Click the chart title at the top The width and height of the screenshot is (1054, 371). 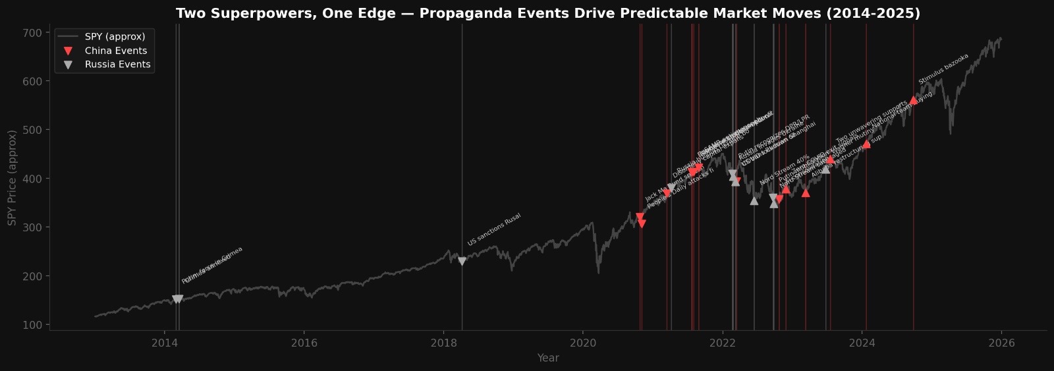pyautogui.click(x=547, y=14)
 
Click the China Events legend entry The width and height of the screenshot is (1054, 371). pyautogui.click(x=116, y=51)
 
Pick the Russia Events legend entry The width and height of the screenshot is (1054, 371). pyautogui.click(x=117, y=65)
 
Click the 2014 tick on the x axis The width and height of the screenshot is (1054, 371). pyautogui.click(x=164, y=343)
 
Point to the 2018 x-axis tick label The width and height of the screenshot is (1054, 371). pyautogui.click(x=443, y=343)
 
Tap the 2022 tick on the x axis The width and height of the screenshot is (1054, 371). pyautogui.click(x=723, y=343)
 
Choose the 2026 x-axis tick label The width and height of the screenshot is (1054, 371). pyautogui.click(x=1001, y=343)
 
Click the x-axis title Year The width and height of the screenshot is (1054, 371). pyautogui.click(x=547, y=358)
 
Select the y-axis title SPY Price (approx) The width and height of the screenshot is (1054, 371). pyautogui.click(x=13, y=178)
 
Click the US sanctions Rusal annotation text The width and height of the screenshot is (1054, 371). pyautogui.click(x=494, y=229)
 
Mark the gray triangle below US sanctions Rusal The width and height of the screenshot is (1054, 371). pyautogui.click(x=462, y=262)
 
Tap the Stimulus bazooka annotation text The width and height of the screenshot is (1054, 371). pyautogui.click(x=943, y=69)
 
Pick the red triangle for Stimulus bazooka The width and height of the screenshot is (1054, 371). pyautogui.click(x=913, y=101)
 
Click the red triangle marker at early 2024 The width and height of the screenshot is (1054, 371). pyautogui.click(x=866, y=144)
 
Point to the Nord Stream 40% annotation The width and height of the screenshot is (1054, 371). pyautogui.click(x=784, y=170)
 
